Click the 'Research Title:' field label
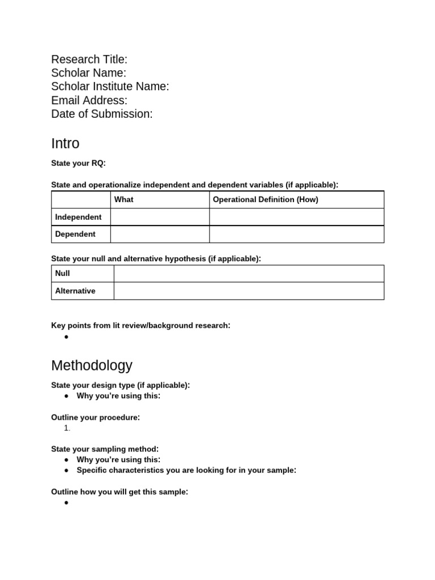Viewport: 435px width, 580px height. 89,59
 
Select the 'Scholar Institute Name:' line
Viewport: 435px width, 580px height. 110,87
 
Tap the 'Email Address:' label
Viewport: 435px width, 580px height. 89,100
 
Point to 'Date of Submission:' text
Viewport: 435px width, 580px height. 101,114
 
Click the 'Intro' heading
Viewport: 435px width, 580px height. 65,143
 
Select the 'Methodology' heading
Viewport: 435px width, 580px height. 91,365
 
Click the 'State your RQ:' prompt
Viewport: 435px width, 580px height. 78,164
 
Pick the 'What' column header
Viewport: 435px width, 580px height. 123,199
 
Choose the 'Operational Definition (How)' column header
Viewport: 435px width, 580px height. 265,199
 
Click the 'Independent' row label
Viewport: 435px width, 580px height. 78,217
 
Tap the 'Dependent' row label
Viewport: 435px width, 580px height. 75,234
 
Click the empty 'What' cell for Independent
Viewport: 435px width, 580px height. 160,217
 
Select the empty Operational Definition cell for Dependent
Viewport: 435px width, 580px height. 296,234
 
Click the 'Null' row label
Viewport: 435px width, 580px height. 62,274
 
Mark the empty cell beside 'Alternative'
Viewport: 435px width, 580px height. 249,291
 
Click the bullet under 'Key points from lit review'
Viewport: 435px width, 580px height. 66,337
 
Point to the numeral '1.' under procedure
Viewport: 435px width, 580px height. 68,428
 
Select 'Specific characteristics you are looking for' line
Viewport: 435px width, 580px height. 186,470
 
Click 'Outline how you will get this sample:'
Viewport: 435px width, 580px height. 119,492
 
